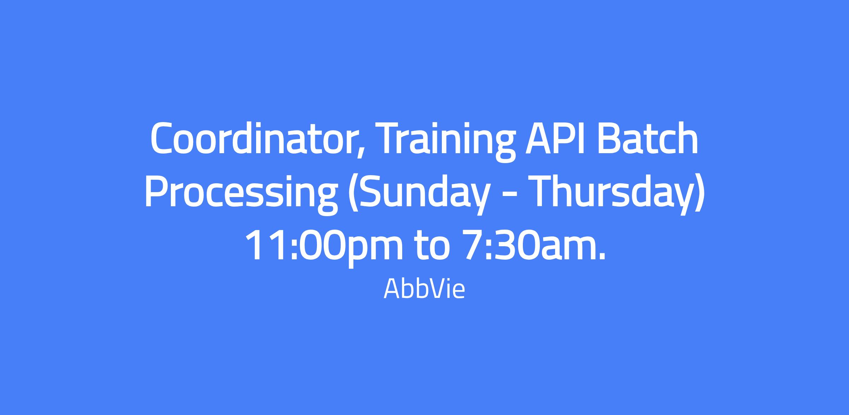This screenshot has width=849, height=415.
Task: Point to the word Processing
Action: (241, 194)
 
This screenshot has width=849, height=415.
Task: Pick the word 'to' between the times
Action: (433, 246)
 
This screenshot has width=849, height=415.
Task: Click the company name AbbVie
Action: (424, 289)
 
